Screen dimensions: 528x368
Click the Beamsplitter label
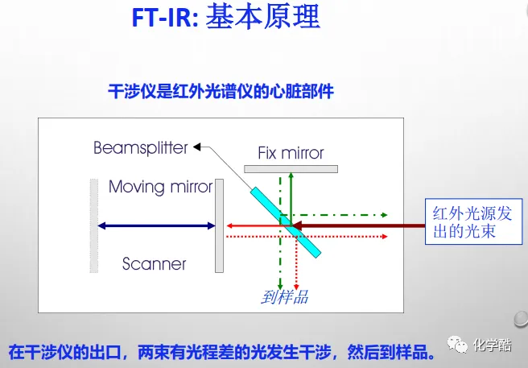pos(140,148)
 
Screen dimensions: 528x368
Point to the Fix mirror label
pos(291,153)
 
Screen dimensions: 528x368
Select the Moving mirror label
pos(160,188)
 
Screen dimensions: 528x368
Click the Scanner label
pos(155,263)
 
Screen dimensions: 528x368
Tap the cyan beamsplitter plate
pos(285,221)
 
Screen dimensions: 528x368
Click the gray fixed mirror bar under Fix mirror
pos(291,168)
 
